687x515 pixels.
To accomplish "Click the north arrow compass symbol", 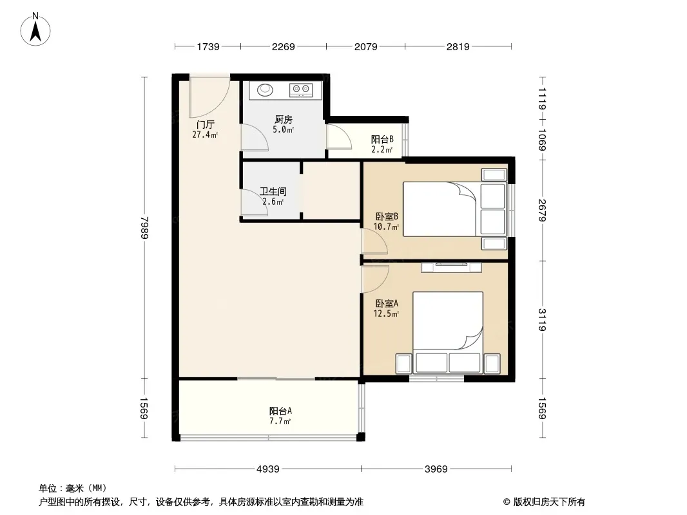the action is click(35, 30).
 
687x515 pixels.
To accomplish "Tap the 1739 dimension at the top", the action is click(208, 46).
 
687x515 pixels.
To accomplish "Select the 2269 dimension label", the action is click(284, 46).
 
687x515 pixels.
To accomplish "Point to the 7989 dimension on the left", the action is click(144, 228).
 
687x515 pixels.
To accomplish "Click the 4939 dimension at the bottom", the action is click(267, 469).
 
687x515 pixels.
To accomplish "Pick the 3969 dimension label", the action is click(436, 469).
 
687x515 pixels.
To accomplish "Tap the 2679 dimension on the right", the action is click(543, 211).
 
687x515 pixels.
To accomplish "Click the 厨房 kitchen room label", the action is click(284, 120).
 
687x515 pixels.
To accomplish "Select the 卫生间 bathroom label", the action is click(273, 191).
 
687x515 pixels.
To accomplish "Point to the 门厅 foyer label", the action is click(205, 125).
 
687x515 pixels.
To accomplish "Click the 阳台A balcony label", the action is click(280, 411).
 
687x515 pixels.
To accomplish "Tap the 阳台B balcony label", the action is click(382, 139).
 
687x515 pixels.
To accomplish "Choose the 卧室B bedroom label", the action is click(387, 216).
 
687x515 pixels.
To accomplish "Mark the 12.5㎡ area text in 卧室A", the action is click(386, 314).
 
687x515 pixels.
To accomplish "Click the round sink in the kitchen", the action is click(265, 89).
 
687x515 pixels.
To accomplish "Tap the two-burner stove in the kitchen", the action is click(300, 89).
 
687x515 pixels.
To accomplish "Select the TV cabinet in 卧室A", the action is click(451, 267).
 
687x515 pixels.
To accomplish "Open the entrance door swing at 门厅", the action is click(209, 97).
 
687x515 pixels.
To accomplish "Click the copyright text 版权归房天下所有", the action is click(549, 502).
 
